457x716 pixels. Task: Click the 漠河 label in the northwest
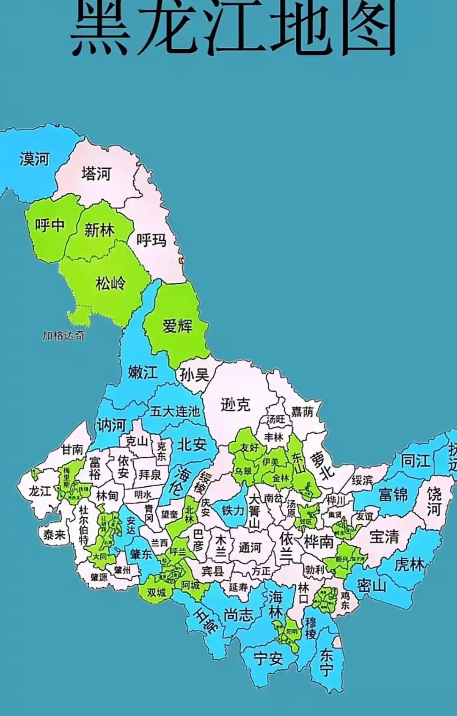[34, 159]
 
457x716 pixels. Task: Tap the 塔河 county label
[96, 173]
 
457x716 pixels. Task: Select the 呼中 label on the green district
[50, 225]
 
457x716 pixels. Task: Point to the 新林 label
[99, 230]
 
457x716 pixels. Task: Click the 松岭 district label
[110, 283]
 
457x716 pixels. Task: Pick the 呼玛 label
[151, 240]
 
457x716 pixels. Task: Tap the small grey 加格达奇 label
[63, 336]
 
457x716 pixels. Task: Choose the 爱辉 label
[177, 326]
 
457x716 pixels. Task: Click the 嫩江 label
[143, 372]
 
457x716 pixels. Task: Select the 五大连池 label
[174, 411]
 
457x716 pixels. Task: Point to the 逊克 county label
[235, 405]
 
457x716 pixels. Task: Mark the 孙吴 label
[194, 375]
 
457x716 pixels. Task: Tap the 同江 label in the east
[415, 460]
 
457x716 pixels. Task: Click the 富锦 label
[393, 494]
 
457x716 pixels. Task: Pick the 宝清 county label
[384, 537]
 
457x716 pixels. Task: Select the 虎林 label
[409, 564]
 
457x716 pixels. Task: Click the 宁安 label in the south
[268, 658]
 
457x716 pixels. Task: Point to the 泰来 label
[54, 535]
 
